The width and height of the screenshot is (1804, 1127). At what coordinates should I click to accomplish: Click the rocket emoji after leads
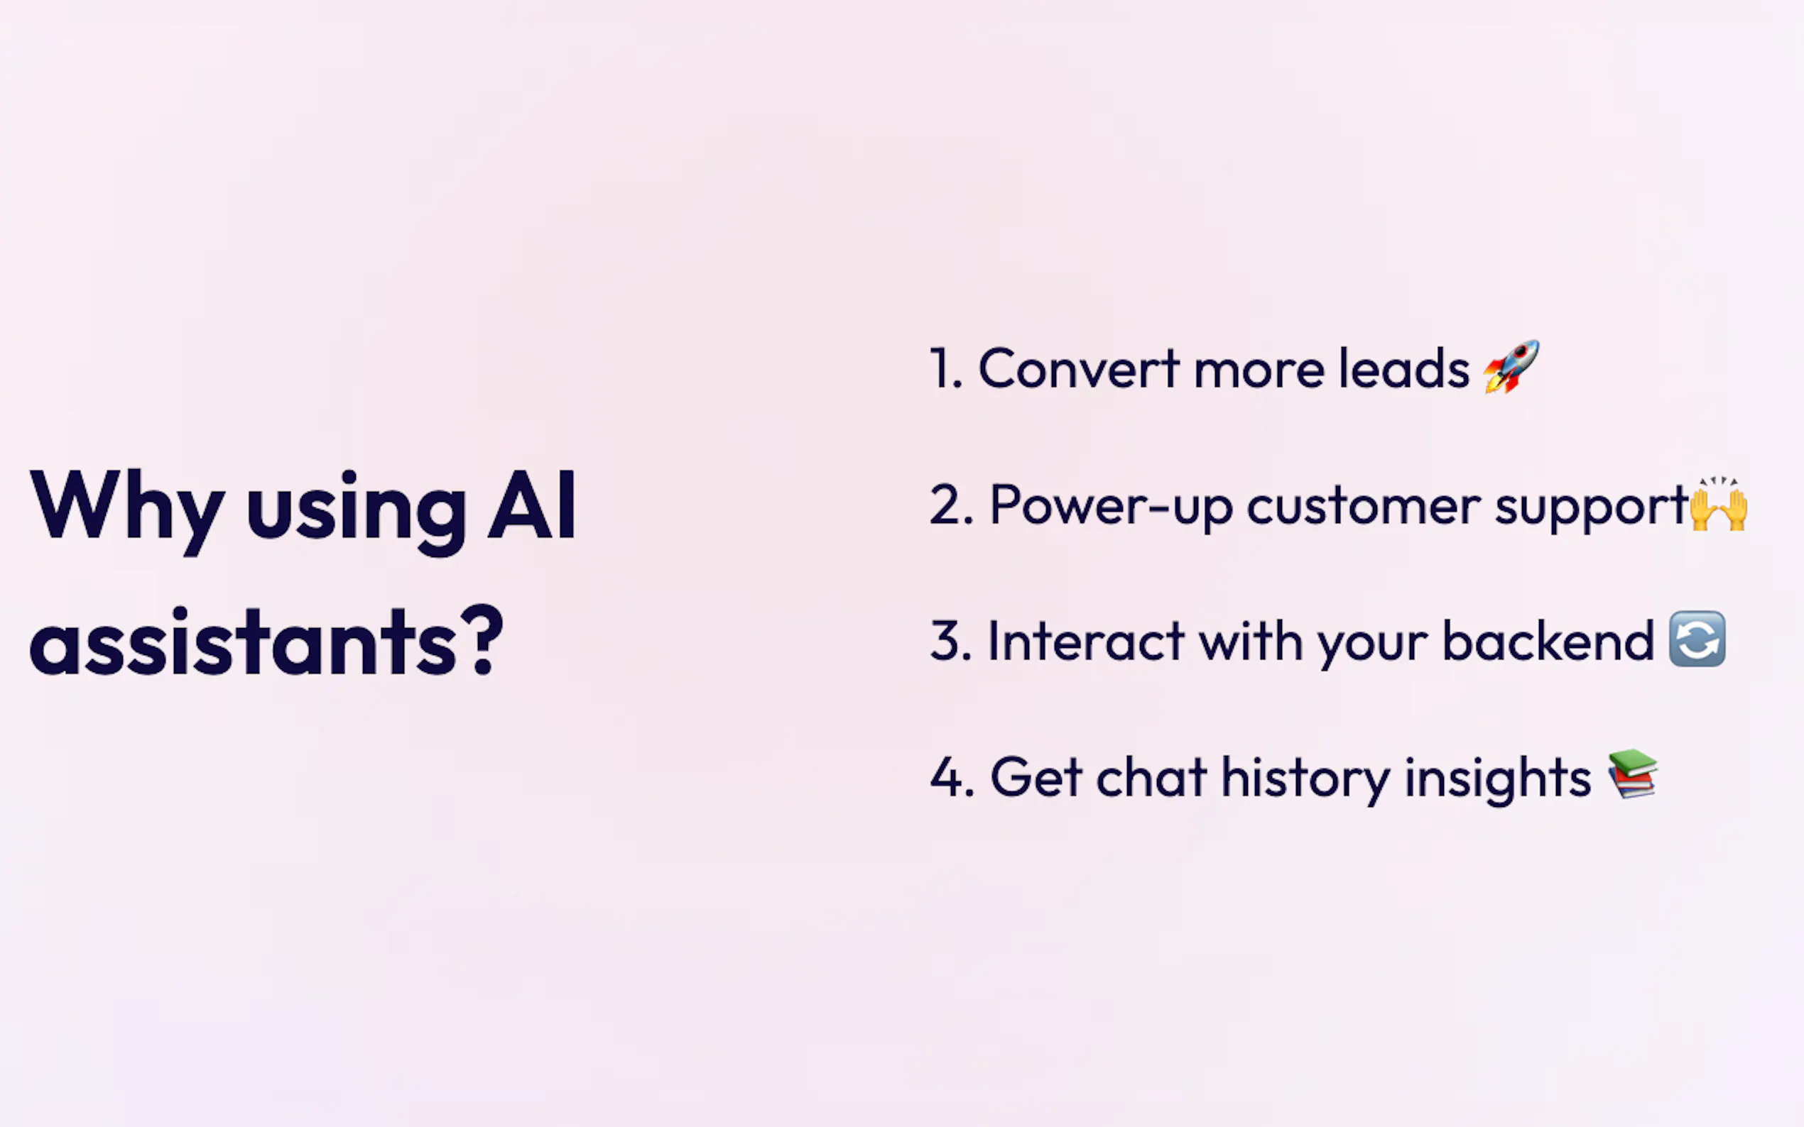point(1511,366)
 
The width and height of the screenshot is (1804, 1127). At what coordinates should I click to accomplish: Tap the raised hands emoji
point(1719,504)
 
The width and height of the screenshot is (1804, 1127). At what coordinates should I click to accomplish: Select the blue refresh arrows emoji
point(1697,639)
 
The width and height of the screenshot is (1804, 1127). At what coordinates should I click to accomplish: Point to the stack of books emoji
point(1632,774)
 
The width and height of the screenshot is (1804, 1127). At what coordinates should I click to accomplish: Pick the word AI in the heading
point(532,505)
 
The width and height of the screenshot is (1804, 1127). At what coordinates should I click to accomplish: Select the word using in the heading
point(357,513)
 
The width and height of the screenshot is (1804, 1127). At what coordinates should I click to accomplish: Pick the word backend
point(1548,639)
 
